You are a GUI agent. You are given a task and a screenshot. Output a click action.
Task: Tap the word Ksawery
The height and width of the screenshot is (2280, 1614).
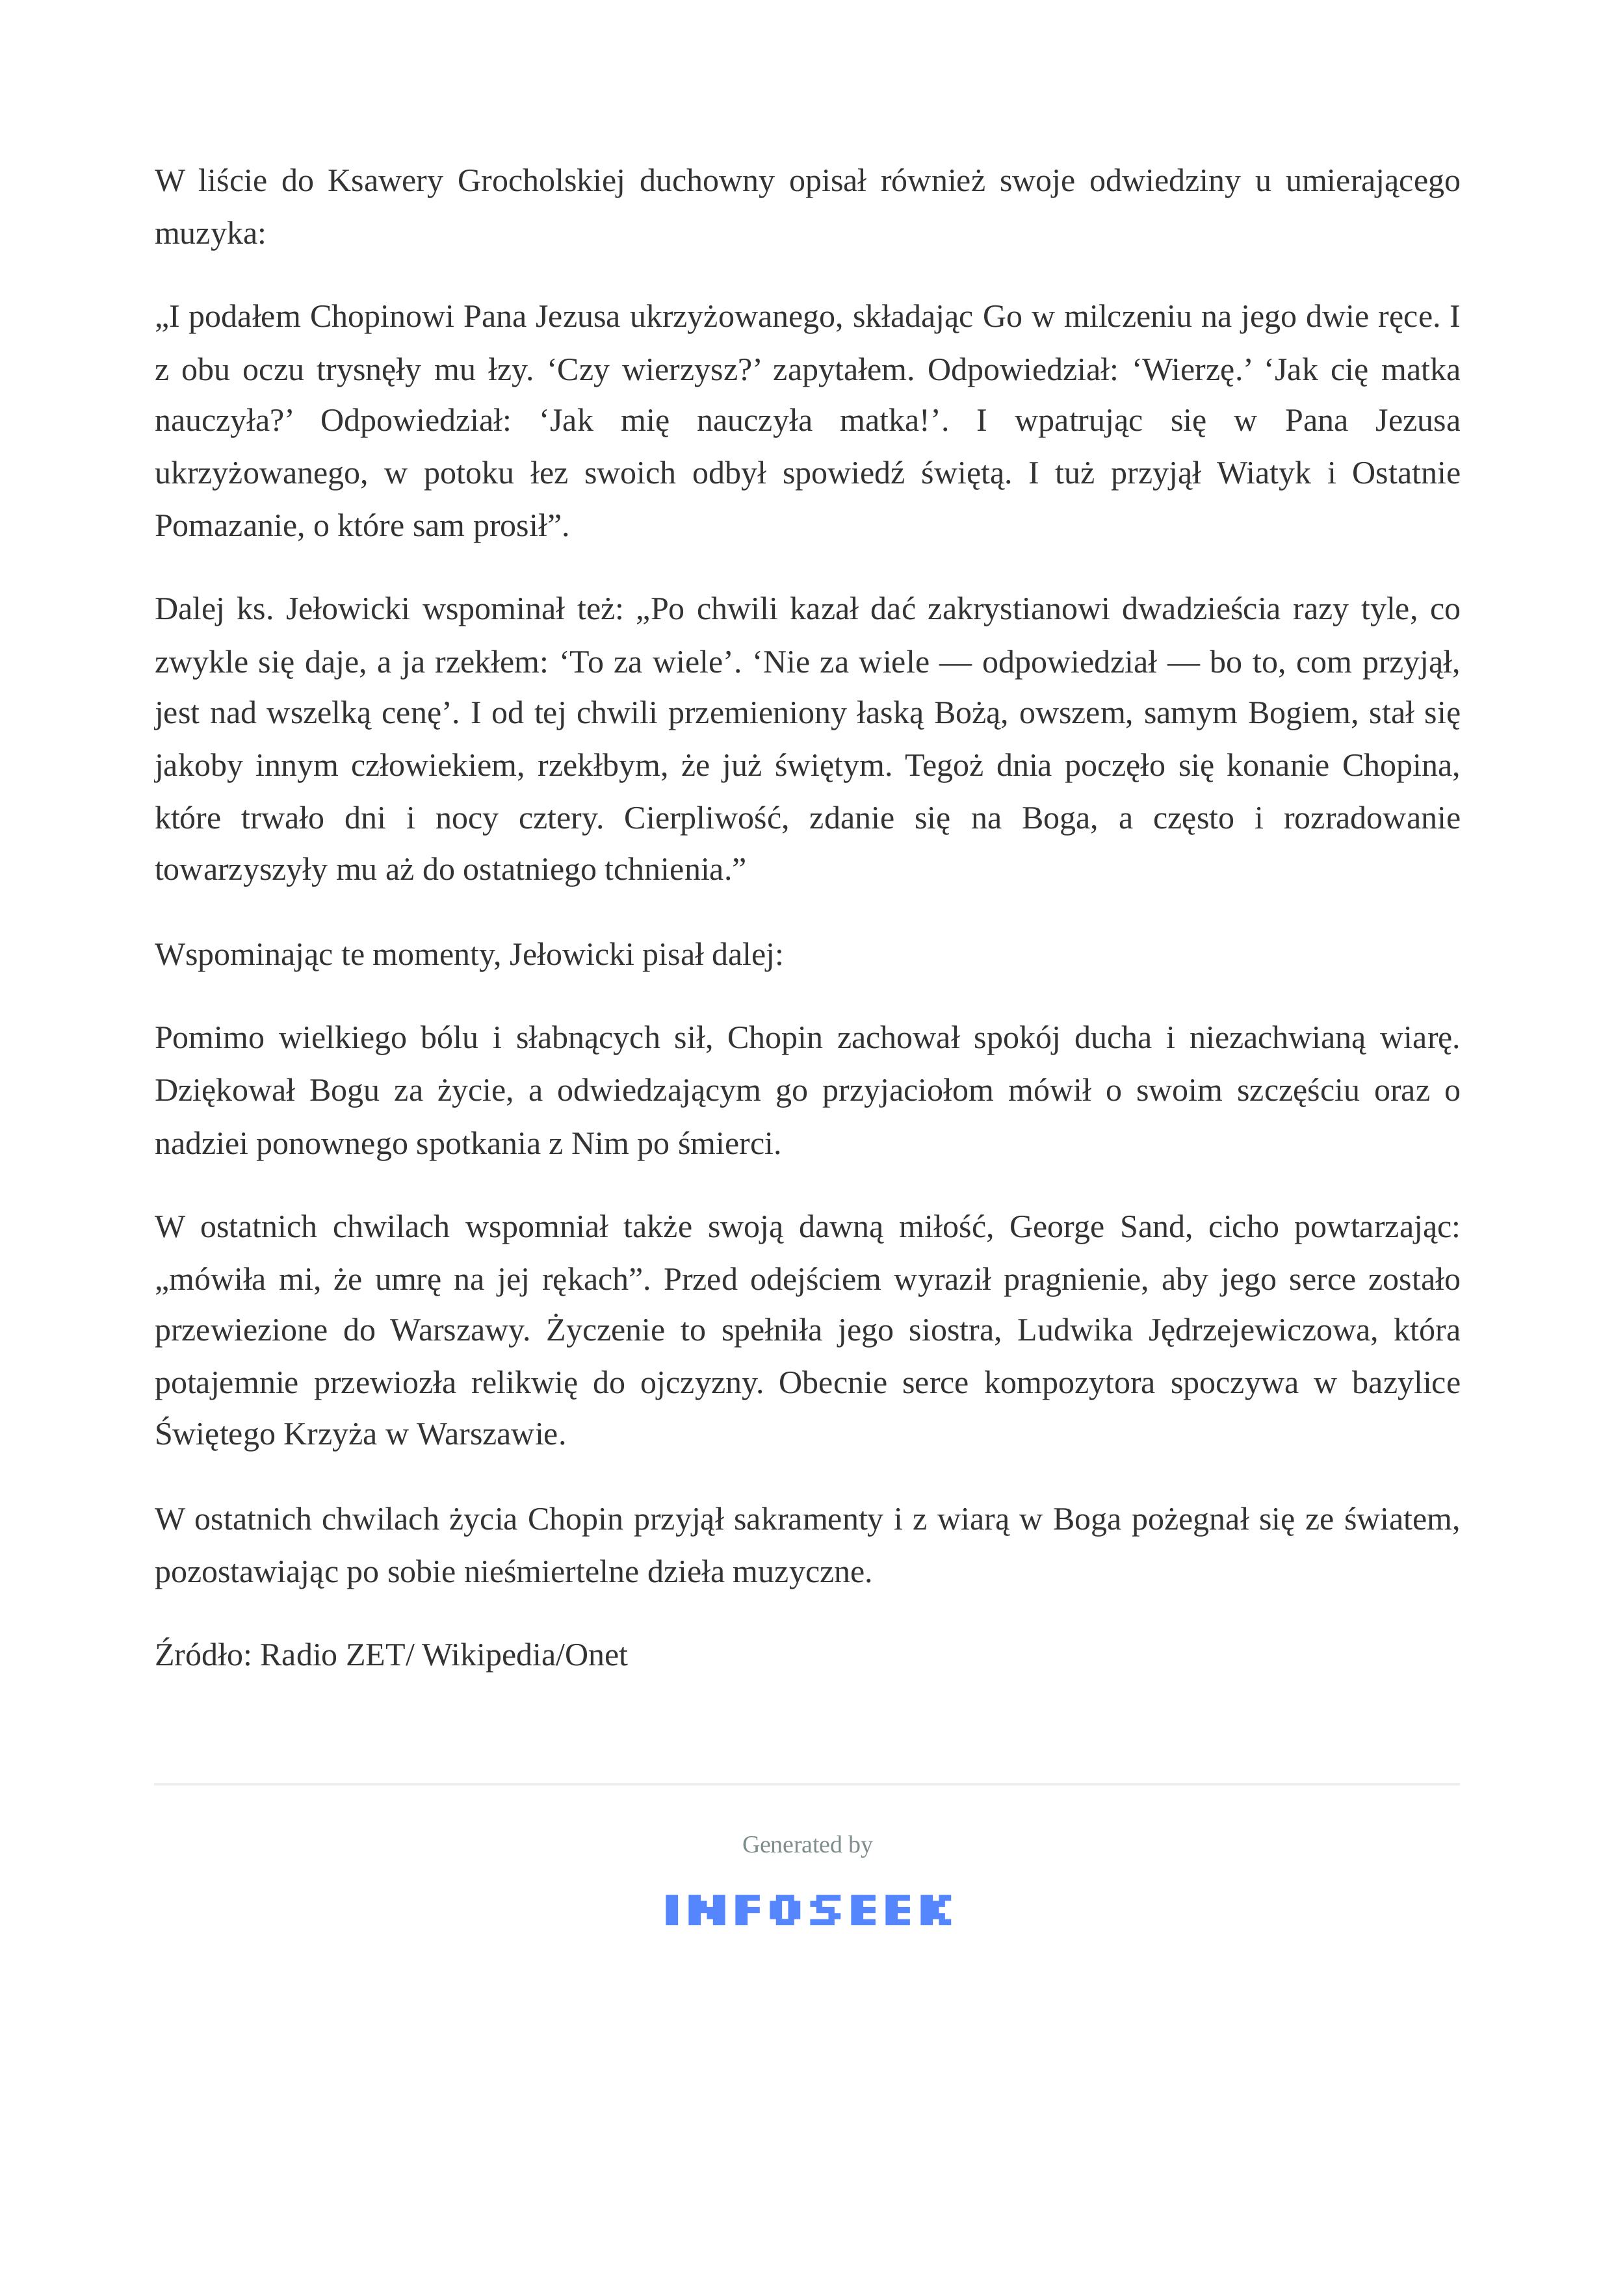(x=385, y=182)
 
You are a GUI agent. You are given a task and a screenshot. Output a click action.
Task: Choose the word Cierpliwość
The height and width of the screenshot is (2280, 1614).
(x=706, y=819)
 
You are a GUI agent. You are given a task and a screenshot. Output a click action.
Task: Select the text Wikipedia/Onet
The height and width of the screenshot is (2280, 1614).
(x=525, y=1656)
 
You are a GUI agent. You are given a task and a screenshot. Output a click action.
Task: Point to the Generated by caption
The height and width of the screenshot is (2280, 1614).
(x=807, y=1845)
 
